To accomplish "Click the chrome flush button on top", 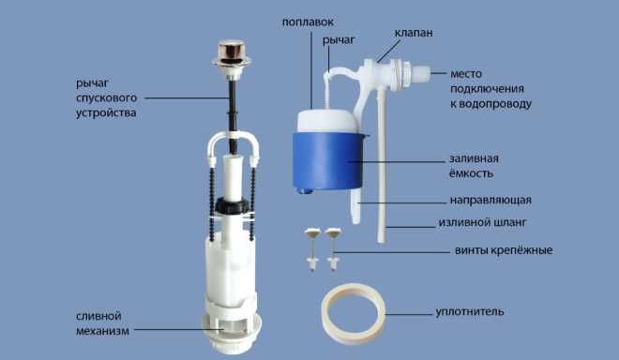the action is click(x=232, y=53).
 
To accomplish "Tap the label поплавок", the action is click(x=308, y=22).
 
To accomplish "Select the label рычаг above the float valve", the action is click(x=339, y=40).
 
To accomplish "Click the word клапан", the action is click(x=414, y=33).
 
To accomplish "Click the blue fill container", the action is click(x=327, y=161).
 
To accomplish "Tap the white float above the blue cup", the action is click(x=327, y=121).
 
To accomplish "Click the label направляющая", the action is click(x=491, y=200).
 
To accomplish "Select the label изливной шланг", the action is click(x=482, y=222).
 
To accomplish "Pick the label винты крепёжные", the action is click(x=504, y=250).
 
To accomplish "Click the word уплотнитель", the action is click(x=470, y=312).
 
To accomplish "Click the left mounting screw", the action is click(x=311, y=249).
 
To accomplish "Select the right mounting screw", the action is click(x=333, y=249).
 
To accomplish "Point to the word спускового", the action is click(x=107, y=97).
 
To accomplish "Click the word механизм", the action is click(x=102, y=331).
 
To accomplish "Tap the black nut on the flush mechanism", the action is click(x=233, y=205).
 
